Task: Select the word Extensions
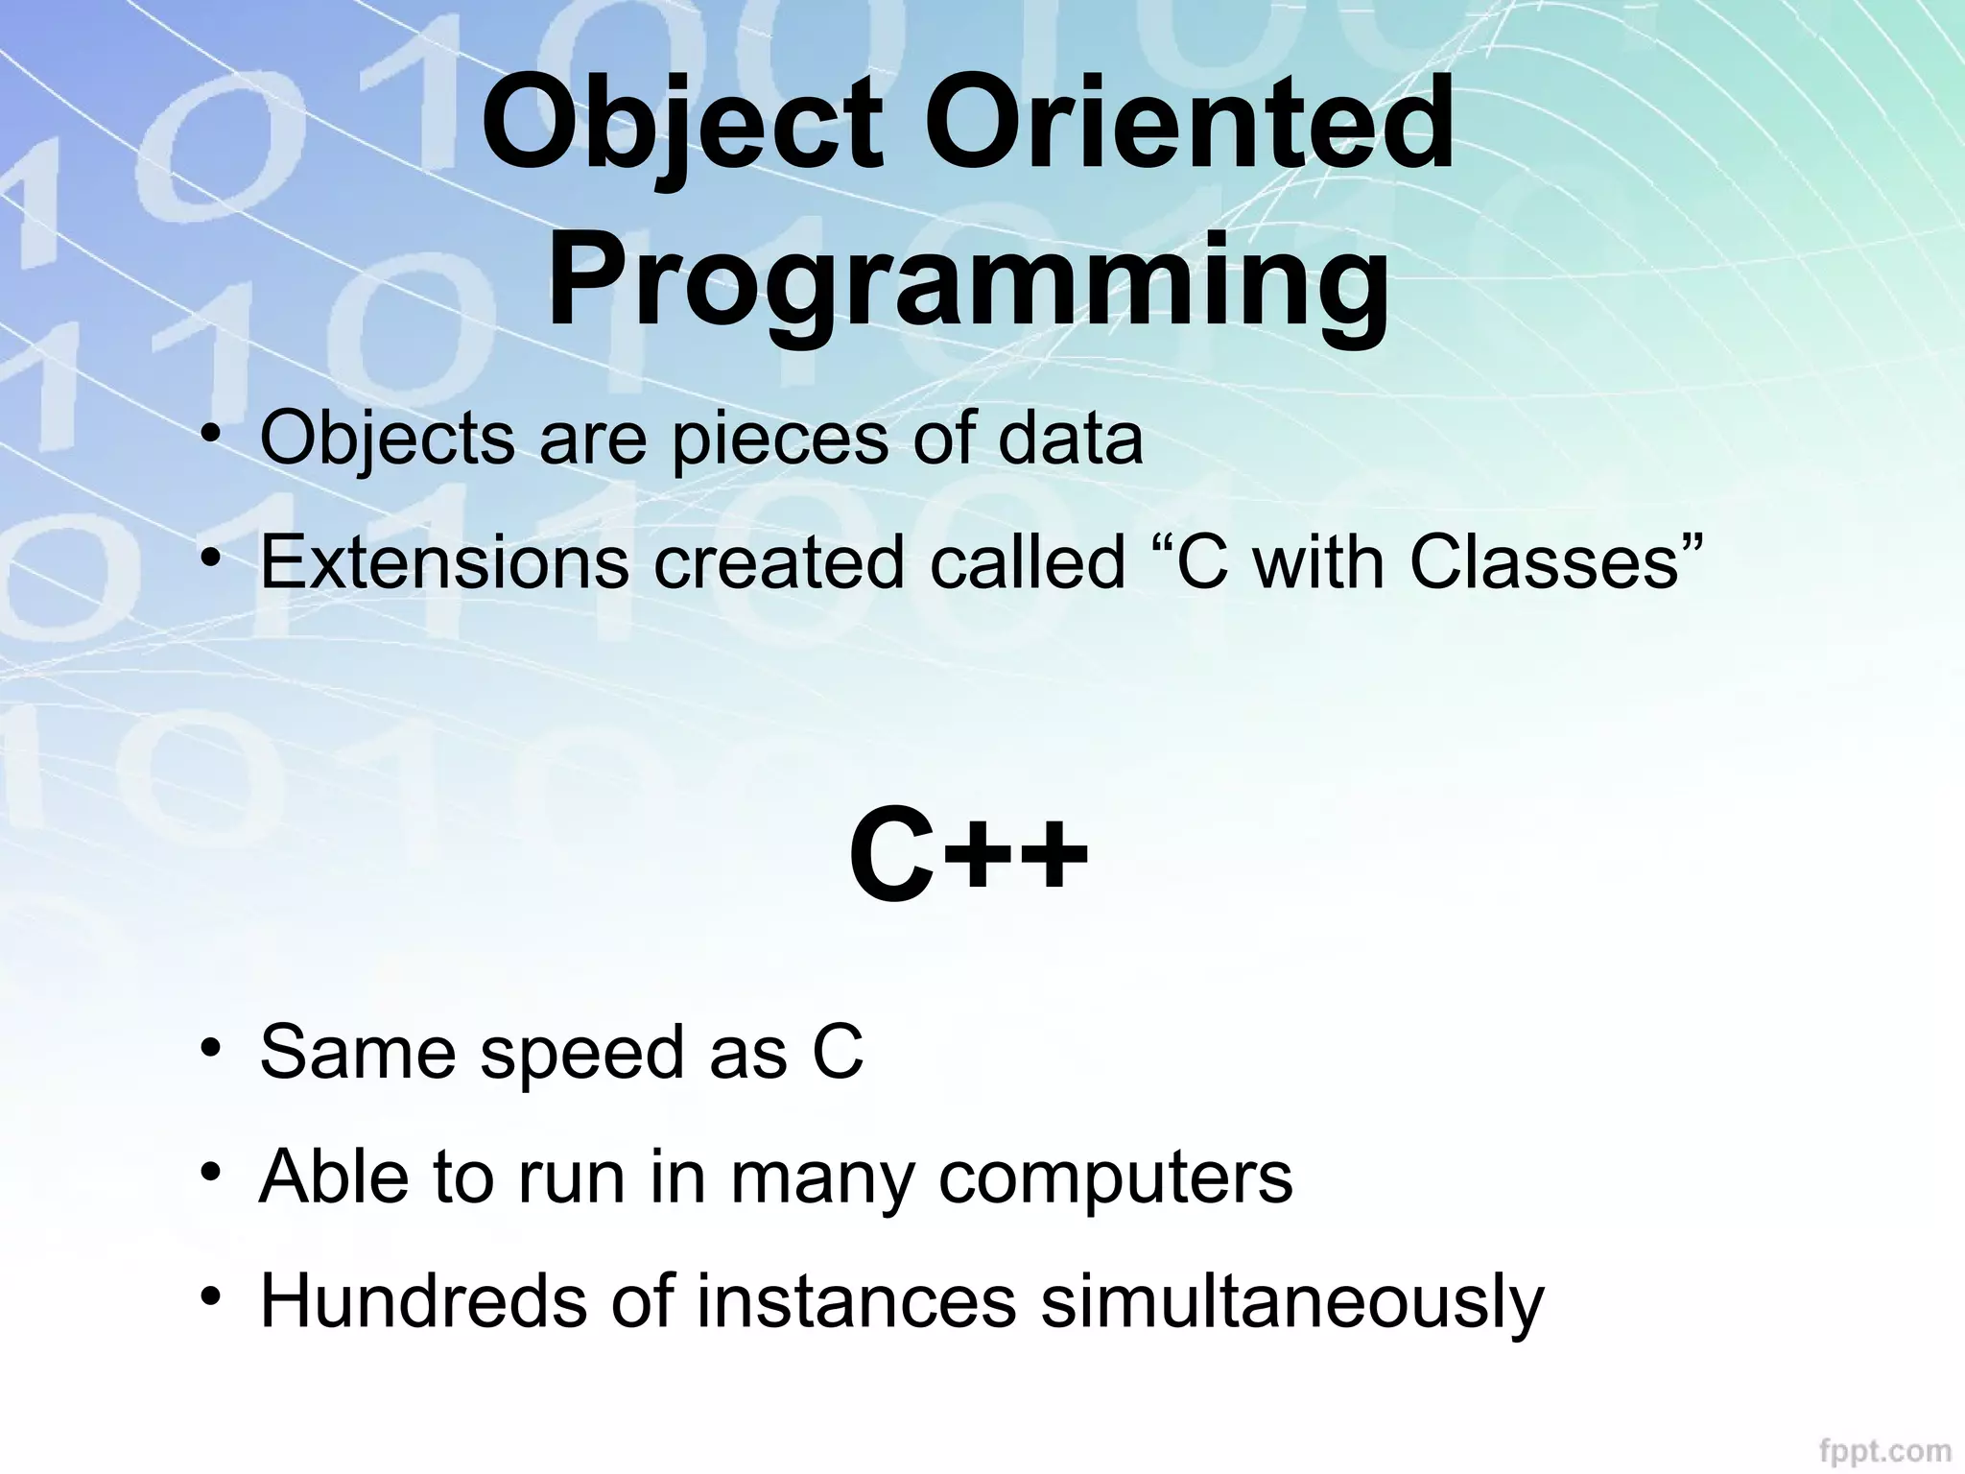point(444,562)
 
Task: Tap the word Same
point(357,1052)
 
